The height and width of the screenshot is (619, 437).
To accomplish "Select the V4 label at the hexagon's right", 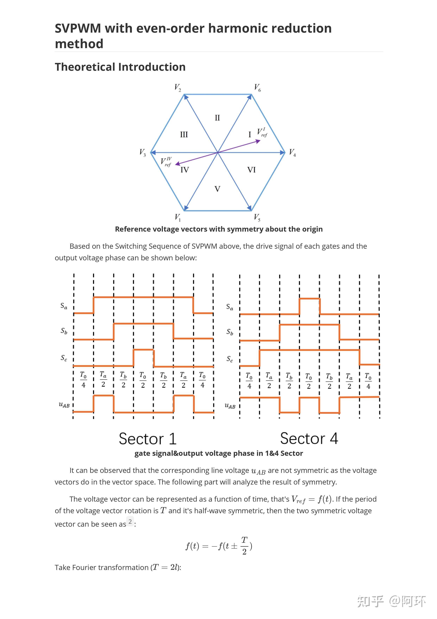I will coord(292,153).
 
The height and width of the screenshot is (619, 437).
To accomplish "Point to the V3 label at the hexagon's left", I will coord(142,153).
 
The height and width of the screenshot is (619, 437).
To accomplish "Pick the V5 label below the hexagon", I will coord(257,217).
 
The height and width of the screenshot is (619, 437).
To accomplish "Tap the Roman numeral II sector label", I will coord(217,118).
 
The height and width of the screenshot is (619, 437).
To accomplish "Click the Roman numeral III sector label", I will coord(184,134).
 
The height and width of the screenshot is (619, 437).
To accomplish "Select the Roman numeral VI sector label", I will coord(251,170).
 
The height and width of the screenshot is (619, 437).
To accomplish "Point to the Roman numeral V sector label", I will coord(217,189).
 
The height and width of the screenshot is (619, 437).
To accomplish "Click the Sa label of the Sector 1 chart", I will coord(64,306).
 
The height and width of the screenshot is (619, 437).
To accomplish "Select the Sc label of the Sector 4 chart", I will coord(230,359).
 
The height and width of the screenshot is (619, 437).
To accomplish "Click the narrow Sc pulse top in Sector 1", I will coord(143,350).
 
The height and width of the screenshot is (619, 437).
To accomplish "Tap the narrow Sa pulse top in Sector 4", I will coord(309,299).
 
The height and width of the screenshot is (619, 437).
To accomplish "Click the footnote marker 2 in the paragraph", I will coord(130,521).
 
